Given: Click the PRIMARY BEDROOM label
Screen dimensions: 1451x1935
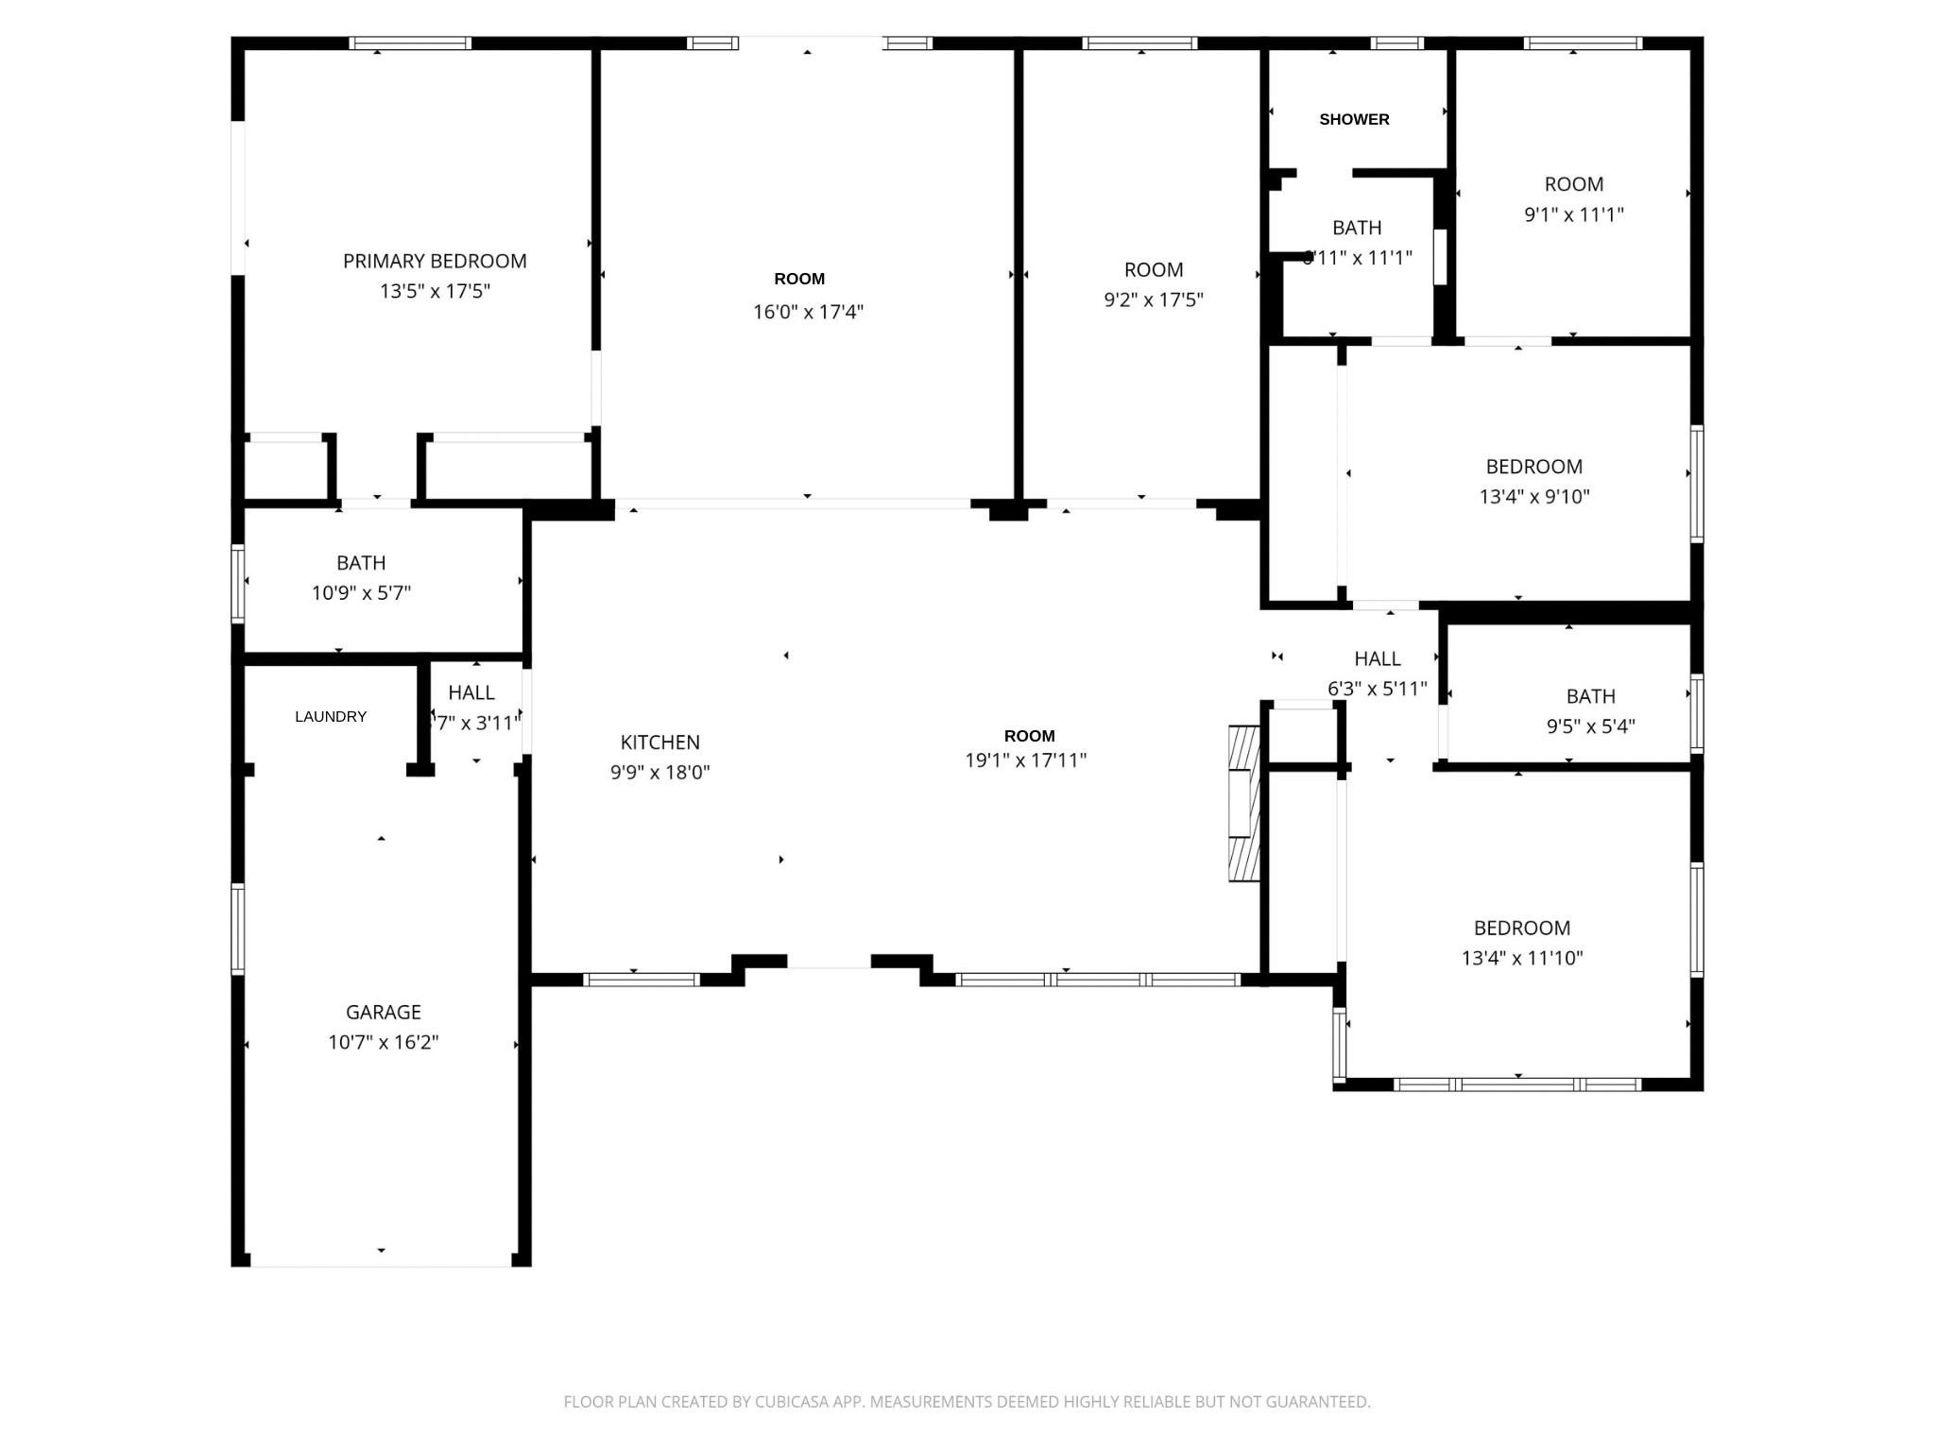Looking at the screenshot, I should point(435,261).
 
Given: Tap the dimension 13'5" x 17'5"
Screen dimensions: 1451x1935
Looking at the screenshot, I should point(435,291).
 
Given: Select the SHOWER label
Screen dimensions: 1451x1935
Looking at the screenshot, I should point(1354,119).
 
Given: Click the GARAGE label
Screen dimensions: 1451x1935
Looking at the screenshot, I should point(383,1012).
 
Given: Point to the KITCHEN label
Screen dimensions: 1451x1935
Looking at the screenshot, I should point(659,743).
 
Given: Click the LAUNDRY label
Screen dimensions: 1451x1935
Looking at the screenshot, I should point(330,716).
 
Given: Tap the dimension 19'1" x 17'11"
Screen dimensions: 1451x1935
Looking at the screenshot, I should point(1025,760).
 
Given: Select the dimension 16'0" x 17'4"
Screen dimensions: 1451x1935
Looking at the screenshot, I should point(808,312).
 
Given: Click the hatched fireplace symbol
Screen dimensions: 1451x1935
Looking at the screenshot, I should point(1244,803).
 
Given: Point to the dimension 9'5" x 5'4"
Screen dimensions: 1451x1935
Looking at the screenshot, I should point(1590,726).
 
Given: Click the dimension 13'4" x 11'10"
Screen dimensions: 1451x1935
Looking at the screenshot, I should point(1521,958).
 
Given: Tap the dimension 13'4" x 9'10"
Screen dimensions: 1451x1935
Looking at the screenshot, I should point(1533,496).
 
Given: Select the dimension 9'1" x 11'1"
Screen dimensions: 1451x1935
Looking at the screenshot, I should point(1573,214).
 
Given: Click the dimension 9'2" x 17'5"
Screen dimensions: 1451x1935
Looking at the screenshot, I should point(1153,299).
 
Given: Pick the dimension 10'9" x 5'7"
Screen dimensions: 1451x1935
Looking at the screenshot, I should point(361,593).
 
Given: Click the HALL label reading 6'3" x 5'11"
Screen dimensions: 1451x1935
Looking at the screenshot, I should point(1377,658).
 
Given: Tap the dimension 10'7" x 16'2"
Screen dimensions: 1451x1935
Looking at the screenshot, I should point(383,1042).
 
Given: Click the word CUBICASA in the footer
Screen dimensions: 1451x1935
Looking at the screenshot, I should point(791,1402).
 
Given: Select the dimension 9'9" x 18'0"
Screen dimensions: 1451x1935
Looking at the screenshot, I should point(659,773).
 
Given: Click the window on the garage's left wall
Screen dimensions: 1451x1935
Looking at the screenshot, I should point(238,929).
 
